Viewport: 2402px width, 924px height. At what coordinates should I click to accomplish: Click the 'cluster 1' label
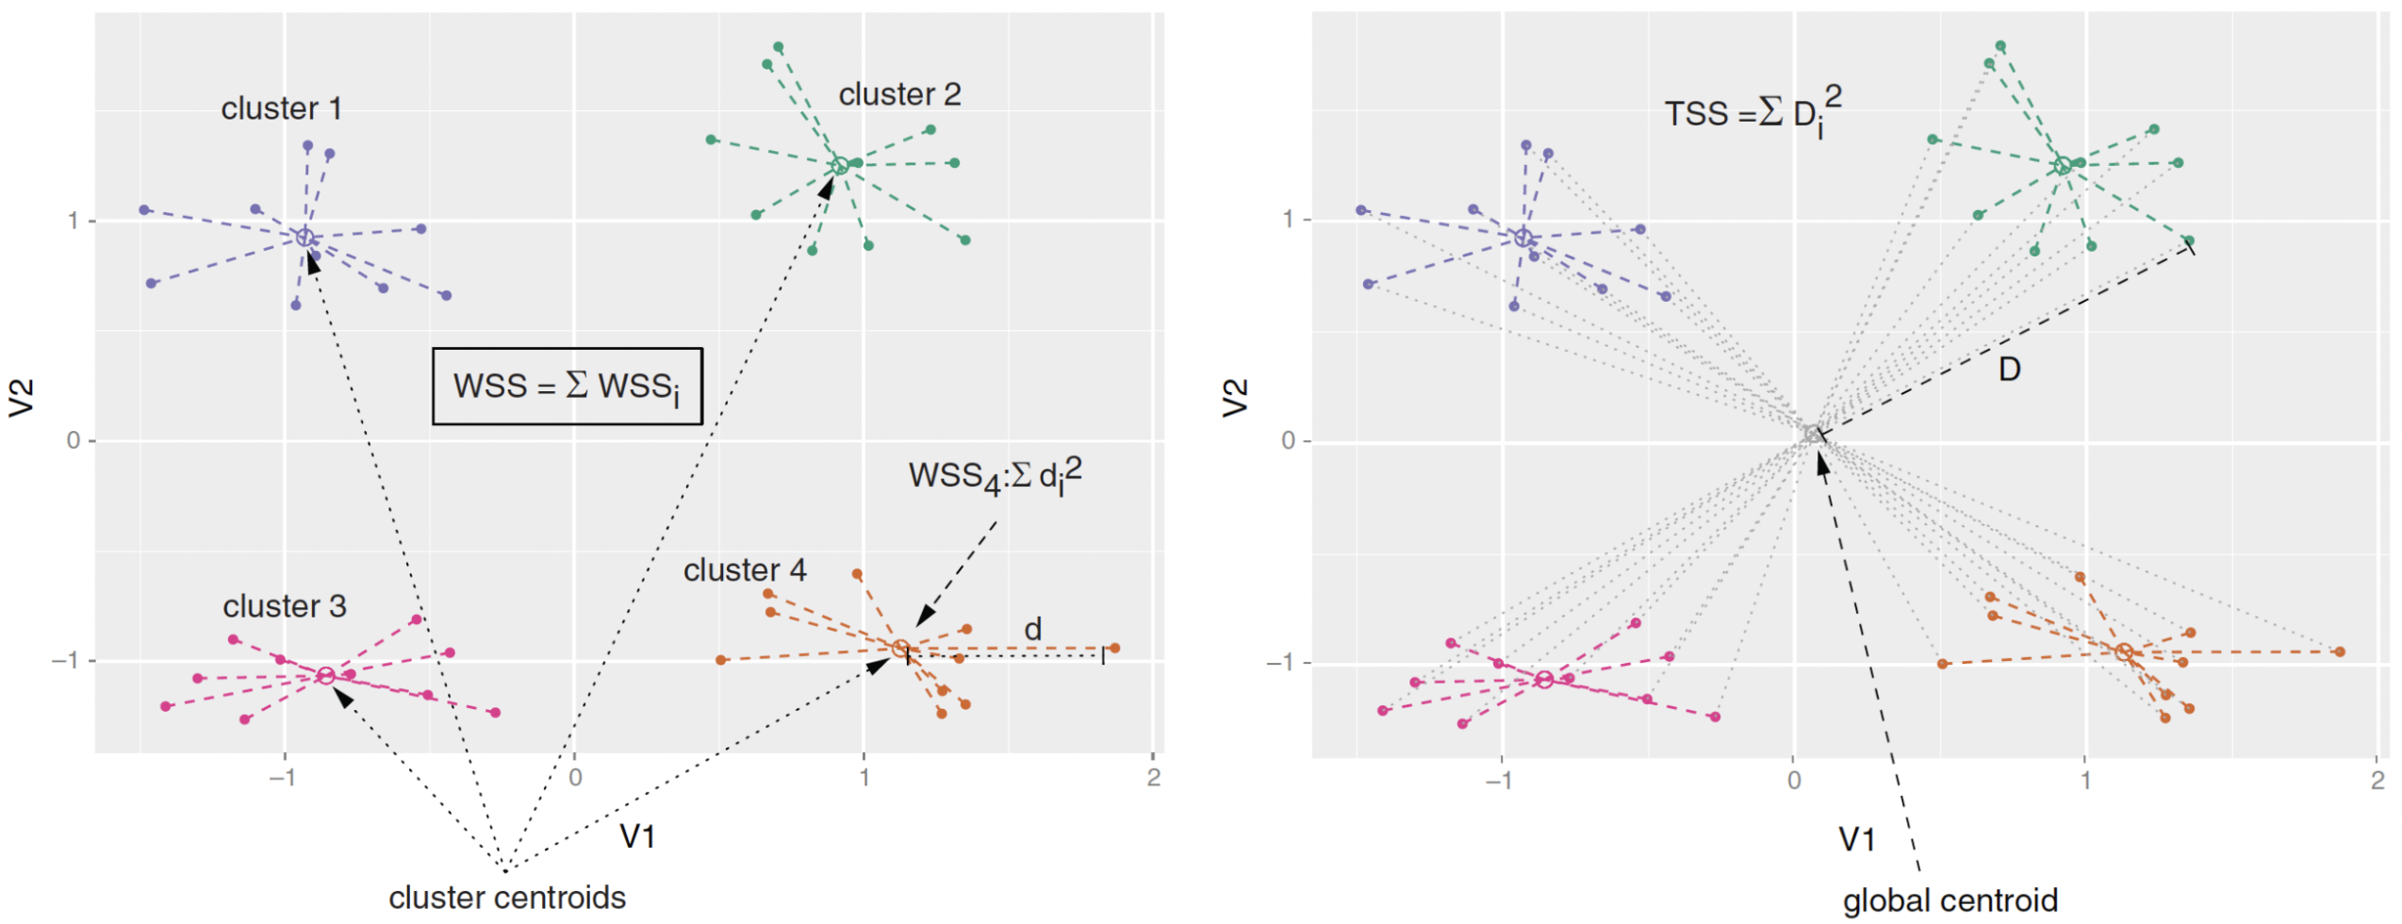[x=281, y=109]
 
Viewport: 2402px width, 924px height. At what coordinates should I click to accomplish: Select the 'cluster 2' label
[x=899, y=95]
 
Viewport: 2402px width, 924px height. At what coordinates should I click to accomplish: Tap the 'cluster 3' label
[x=284, y=606]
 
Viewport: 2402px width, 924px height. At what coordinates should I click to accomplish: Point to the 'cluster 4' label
[x=745, y=570]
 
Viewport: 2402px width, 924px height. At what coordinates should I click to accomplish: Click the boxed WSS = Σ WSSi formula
[x=567, y=387]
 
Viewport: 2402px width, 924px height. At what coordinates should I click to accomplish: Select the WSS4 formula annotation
[x=995, y=476]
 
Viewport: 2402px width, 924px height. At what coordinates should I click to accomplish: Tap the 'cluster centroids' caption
[x=507, y=899]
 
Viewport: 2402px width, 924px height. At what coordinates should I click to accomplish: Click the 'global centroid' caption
[x=1950, y=901]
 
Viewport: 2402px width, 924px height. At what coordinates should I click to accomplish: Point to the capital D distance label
[x=2009, y=370]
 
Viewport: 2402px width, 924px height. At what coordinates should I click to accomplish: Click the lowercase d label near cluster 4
[x=1033, y=630]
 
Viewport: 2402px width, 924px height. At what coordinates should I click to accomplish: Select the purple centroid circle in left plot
[x=304, y=238]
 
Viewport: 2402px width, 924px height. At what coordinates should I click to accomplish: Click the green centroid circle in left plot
[x=839, y=166]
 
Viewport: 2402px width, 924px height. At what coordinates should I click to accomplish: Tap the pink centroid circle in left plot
[x=325, y=676]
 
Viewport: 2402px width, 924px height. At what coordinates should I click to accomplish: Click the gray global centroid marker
[x=1812, y=435]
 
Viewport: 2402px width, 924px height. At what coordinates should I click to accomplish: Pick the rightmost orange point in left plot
[x=1114, y=649]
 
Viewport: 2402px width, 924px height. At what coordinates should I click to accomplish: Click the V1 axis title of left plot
[x=637, y=836]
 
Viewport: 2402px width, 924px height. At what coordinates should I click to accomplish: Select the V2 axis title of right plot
[x=1235, y=398]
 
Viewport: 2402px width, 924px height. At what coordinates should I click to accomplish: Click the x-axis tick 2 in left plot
[x=1153, y=778]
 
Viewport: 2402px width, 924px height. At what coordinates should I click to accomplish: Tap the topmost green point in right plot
[x=1999, y=46]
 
